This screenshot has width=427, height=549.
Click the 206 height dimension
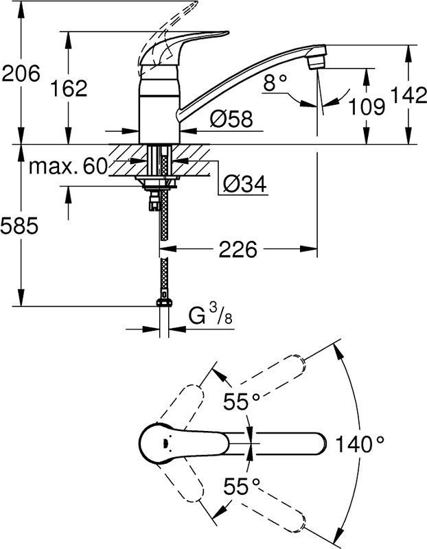tap(21, 74)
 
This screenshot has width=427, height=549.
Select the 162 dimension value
tap(68, 88)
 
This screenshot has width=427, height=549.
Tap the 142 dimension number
tap(408, 95)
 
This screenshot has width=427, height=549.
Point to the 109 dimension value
tap(367, 106)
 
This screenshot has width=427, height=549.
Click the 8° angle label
tap(275, 83)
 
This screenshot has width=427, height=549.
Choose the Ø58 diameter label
tap(231, 119)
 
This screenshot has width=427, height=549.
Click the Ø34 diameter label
tap(245, 183)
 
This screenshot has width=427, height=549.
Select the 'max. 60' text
tap(67, 166)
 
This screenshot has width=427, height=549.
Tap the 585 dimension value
tap(19, 226)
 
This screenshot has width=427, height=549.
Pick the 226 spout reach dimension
tap(238, 249)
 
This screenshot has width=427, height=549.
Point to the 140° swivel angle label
tap(359, 444)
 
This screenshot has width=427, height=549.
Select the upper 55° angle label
tap(242, 401)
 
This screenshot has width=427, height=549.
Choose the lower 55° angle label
tap(242, 487)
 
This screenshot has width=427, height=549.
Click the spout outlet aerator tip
tap(316, 63)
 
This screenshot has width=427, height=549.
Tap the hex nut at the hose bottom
tap(164, 303)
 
